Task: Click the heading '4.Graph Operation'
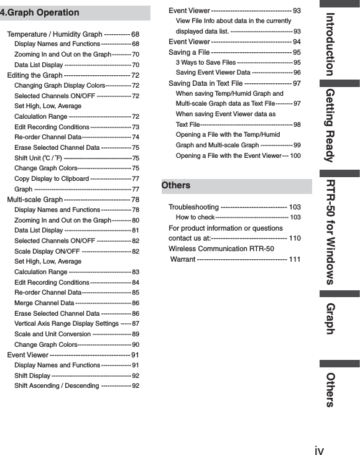(x=40, y=12)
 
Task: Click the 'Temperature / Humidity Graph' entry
(x=55, y=34)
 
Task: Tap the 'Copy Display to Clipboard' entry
(x=52, y=178)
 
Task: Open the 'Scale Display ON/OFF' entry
(x=47, y=251)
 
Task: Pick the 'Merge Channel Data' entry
(x=44, y=303)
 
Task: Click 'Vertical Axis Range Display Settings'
(x=67, y=324)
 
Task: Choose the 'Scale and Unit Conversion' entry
(x=53, y=334)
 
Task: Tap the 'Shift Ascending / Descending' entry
(x=57, y=386)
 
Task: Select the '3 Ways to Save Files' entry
(x=206, y=63)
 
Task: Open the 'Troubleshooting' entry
(x=193, y=207)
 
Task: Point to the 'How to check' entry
(x=195, y=218)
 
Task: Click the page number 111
(x=295, y=259)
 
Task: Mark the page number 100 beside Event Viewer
(x=296, y=155)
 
